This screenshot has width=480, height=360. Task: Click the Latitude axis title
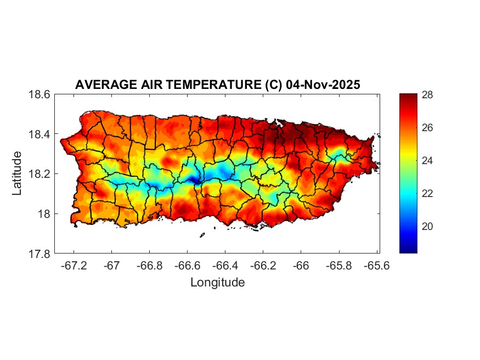(18, 173)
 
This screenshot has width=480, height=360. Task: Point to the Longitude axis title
(217, 283)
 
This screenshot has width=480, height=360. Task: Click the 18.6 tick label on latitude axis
(39, 95)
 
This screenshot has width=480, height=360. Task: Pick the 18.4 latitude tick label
(39, 134)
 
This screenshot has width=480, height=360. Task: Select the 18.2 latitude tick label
(39, 174)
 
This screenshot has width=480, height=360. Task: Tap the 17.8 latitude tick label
(39, 254)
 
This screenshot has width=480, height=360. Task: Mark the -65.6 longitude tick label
(376, 265)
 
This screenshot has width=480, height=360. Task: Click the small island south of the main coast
(202, 235)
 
